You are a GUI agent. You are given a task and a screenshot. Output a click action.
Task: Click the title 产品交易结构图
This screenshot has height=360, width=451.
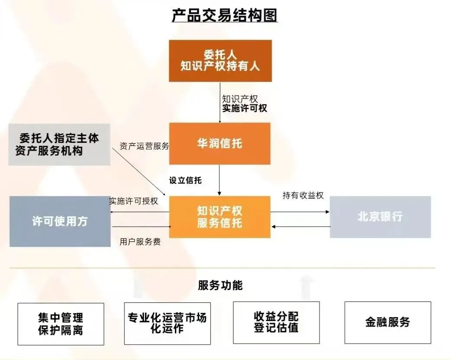tap(225, 15)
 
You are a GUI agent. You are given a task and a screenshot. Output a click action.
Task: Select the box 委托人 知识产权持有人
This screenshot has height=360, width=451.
tap(220, 61)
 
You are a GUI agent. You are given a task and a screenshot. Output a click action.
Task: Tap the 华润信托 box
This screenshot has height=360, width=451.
tap(220, 144)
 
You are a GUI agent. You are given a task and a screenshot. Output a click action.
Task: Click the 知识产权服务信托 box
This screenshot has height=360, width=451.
tap(220, 217)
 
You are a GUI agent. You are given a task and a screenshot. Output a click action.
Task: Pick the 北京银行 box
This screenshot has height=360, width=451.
tap(380, 217)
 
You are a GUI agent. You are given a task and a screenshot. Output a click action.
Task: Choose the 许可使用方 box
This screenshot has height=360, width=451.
tap(60, 221)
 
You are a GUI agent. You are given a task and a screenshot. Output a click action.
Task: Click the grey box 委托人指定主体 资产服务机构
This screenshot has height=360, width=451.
tap(59, 145)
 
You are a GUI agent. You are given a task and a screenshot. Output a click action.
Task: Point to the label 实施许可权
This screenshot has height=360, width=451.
tap(245, 108)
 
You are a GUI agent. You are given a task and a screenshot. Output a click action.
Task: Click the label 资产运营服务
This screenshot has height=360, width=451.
tap(144, 146)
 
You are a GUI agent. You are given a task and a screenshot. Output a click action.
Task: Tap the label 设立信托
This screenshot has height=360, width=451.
tap(185, 180)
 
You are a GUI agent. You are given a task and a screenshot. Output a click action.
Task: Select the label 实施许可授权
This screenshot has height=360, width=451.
tap(133, 201)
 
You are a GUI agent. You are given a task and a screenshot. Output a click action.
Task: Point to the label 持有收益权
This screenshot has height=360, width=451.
tap(303, 196)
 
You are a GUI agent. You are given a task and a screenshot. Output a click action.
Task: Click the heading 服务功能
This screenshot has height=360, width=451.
tap(220, 286)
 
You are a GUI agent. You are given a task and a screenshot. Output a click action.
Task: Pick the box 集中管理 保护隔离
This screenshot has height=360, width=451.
tap(61, 324)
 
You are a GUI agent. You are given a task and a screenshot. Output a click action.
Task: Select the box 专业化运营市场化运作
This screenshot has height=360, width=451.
tap(167, 323)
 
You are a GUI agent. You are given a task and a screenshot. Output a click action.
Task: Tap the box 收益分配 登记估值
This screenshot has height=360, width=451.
tap(276, 322)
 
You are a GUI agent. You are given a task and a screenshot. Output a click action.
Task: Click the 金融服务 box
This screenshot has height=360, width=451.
tap(387, 322)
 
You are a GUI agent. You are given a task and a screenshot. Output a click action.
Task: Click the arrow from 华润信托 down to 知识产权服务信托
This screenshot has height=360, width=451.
tap(219, 180)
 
